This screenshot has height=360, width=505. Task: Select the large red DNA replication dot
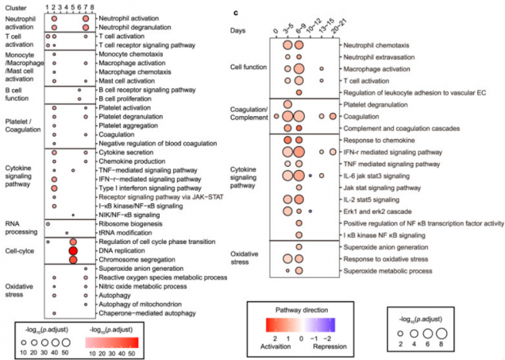pyautogui.click(x=73, y=250)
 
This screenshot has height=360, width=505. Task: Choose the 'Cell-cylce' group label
pyautogui.click(x=20, y=250)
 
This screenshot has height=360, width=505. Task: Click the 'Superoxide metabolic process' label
pyautogui.click(x=390, y=271)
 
